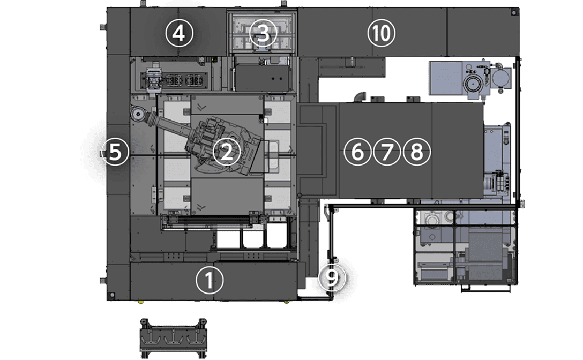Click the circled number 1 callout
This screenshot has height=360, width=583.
(x=210, y=280)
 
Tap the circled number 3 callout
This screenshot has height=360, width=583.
(x=263, y=33)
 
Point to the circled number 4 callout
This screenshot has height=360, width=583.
(x=179, y=33)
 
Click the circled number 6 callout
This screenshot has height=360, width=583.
(x=357, y=152)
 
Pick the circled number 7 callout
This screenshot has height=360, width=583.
(x=387, y=152)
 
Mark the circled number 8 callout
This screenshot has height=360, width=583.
(x=416, y=152)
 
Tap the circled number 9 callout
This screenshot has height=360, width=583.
(x=332, y=277)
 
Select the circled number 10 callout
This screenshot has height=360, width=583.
(x=381, y=33)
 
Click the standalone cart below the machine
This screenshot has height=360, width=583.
(x=173, y=338)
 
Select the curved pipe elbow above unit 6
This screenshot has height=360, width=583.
(x=360, y=97)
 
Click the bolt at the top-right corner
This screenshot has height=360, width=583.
(x=513, y=13)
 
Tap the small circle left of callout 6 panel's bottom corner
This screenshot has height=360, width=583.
(x=300, y=195)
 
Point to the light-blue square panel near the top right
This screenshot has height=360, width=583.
(x=446, y=78)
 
